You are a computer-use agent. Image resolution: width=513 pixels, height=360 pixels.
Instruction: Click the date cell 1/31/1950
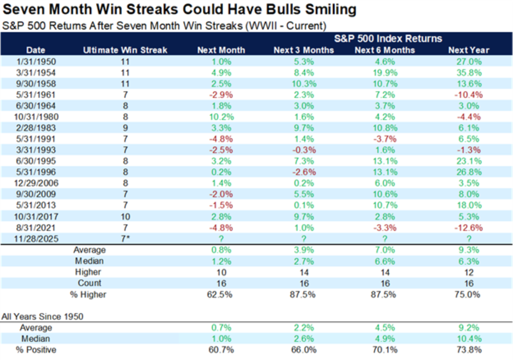tap(35, 61)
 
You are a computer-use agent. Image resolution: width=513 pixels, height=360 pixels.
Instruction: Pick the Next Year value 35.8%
tap(469, 72)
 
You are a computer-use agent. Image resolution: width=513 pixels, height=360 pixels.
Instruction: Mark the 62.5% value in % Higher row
tap(221, 294)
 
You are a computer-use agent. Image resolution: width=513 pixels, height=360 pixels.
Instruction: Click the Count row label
tap(89, 283)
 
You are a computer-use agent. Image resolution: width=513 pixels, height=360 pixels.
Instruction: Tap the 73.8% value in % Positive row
tap(469, 350)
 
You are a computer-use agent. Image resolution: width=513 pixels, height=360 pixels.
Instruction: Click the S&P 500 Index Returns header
tap(389, 38)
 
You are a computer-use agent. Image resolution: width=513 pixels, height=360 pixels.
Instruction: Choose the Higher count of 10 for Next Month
tap(221, 272)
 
